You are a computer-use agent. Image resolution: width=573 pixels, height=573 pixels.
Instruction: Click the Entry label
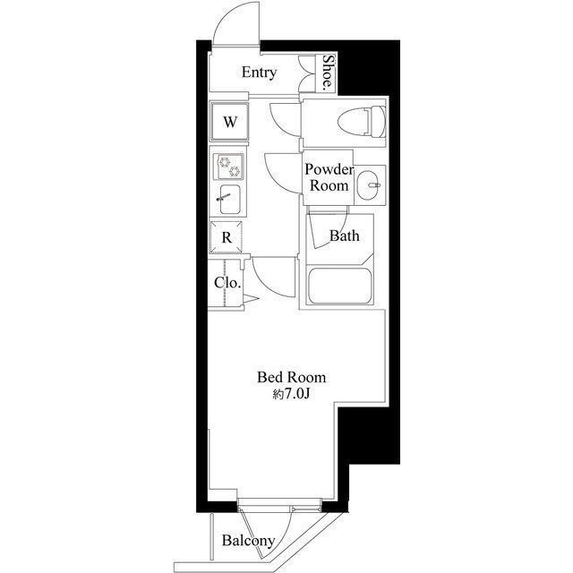click(260, 73)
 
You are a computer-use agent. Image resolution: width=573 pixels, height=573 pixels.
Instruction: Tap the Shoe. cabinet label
click(329, 73)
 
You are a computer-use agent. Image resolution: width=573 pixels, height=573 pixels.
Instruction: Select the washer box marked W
click(230, 123)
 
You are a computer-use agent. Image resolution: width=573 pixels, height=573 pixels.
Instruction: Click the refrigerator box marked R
click(227, 237)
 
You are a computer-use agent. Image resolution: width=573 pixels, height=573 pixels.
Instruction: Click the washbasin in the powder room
click(369, 187)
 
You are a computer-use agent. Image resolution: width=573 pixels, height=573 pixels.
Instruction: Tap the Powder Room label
click(328, 178)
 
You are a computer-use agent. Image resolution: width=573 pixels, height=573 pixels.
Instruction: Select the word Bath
click(344, 237)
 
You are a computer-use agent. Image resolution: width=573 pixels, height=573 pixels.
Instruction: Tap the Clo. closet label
click(227, 283)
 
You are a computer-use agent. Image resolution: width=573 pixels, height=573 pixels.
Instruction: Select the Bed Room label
click(292, 378)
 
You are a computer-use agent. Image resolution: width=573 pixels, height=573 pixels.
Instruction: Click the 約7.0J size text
click(292, 394)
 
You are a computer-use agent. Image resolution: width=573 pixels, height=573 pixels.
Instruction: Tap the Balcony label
click(248, 541)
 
